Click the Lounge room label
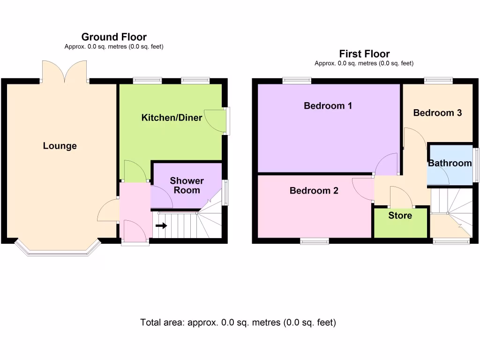60,146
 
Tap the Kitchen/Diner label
172,117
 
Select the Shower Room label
187,185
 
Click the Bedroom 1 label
328,106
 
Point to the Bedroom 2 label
314,191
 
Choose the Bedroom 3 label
437,112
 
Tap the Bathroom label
450,163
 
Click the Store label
400,216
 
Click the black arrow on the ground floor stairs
161,225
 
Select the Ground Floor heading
114,37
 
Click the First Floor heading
364,54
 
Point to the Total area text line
238,322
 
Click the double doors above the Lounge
64,72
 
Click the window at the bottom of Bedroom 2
314,241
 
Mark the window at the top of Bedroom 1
297,81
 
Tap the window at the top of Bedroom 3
438,81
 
